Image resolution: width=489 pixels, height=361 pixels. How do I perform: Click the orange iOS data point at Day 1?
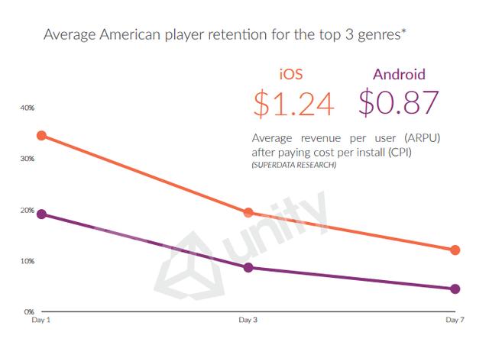pyautogui.click(x=41, y=136)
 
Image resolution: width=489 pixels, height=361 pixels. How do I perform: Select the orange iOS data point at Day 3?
pyautogui.click(x=248, y=212)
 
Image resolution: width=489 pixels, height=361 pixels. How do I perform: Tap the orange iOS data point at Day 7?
pyautogui.click(x=455, y=250)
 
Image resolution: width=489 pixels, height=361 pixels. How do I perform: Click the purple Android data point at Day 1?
pyautogui.click(x=41, y=214)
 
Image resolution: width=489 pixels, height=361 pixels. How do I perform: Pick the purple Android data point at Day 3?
pyautogui.click(x=248, y=267)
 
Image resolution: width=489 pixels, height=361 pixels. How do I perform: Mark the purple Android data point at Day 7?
pyautogui.click(x=455, y=288)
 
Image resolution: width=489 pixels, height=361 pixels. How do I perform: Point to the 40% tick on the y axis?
pyautogui.click(x=28, y=108)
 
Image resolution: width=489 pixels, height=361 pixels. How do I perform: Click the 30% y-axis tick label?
pyautogui.click(x=28, y=159)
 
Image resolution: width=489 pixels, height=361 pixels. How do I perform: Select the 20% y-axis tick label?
pyautogui.click(x=28, y=210)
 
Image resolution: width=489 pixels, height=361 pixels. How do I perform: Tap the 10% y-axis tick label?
pyautogui.click(x=28, y=261)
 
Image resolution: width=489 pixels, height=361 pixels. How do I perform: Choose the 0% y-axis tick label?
pyautogui.click(x=29, y=312)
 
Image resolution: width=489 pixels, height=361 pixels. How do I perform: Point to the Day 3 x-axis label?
pyautogui.click(x=248, y=321)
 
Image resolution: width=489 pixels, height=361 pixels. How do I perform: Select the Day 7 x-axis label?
pyautogui.click(x=454, y=321)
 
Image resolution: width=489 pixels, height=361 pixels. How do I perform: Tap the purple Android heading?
pyautogui.click(x=398, y=76)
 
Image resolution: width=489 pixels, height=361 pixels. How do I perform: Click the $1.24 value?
pyautogui.click(x=294, y=104)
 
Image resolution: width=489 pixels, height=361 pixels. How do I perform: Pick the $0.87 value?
pyautogui.click(x=399, y=104)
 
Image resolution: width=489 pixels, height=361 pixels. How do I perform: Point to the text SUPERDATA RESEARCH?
pyautogui.click(x=293, y=166)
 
